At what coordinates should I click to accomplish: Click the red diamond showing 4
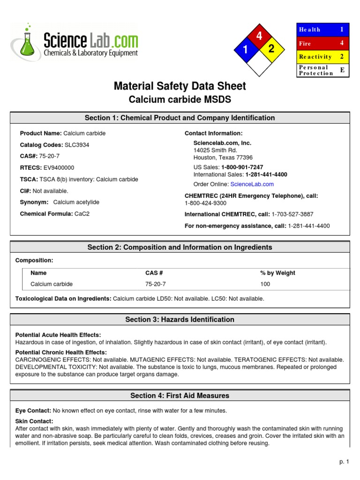click(259, 36)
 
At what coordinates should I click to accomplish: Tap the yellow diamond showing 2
click(271, 49)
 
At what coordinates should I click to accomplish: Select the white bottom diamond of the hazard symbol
click(258, 64)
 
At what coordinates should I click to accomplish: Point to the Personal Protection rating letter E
click(342, 70)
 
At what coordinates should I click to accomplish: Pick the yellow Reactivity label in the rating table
click(315, 57)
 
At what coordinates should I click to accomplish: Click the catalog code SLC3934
click(77, 145)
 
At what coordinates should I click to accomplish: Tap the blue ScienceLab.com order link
click(252, 184)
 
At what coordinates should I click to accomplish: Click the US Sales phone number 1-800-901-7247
click(242, 167)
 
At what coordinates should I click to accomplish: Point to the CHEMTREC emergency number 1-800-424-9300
click(205, 203)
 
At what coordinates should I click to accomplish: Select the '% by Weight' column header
click(277, 273)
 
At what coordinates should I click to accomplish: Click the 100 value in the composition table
click(265, 284)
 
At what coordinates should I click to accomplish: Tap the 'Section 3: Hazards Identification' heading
click(180, 320)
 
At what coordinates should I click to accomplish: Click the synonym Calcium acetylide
click(76, 202)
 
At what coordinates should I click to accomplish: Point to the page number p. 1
click(345, 462)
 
